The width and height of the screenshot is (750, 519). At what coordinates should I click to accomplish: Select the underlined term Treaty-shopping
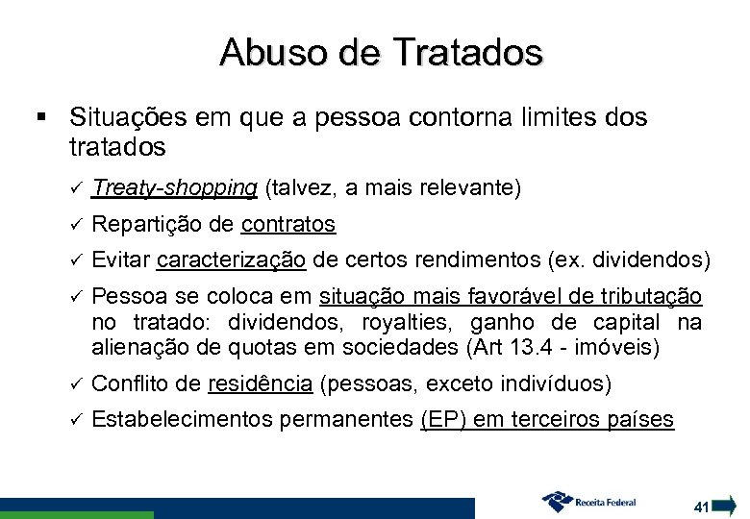[174, 186]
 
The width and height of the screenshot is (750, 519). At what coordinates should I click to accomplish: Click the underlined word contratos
[288, 224]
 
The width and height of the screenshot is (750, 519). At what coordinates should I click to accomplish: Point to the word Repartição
[147, 224]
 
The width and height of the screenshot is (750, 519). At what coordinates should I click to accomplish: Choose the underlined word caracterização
[231, 260]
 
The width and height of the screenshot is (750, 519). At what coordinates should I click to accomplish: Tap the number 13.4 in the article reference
[552, 346]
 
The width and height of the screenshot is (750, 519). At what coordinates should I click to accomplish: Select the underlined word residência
[260, 384]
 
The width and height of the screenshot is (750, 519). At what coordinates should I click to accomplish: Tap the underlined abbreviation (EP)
[441, 420]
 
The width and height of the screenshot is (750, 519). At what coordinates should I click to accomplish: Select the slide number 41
[701, 505]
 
